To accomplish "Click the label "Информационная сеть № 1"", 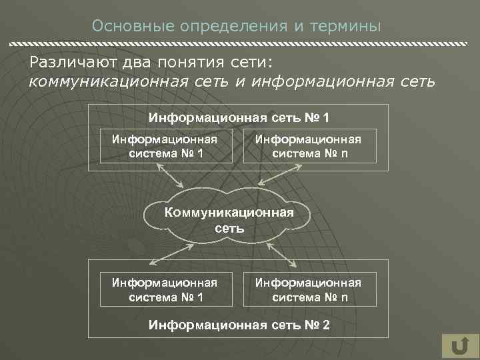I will tap(239, 118).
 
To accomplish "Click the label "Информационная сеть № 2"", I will tap(239, 325).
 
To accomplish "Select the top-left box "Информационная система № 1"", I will tap(166, 146).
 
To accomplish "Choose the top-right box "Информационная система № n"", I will tap(309, 146).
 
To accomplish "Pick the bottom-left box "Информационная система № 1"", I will tap(166, 289).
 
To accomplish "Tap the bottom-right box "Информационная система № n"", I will tap(309, 289).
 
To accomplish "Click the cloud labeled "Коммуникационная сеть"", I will tap(229, 219).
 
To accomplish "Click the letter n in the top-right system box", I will tap(344, 153).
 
